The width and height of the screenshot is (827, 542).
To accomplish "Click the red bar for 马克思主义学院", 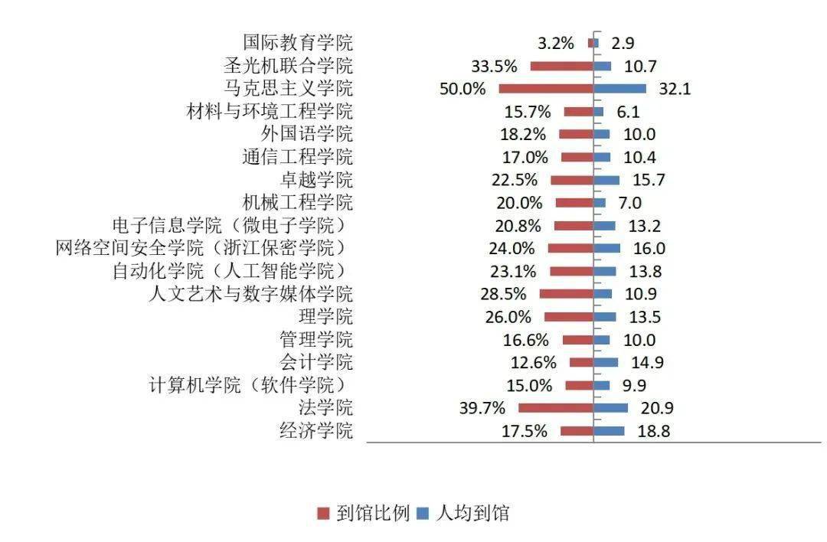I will coord(546,89).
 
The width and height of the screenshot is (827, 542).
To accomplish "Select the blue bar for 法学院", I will coord(611,408).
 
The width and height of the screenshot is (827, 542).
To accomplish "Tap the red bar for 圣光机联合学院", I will coord(562,66).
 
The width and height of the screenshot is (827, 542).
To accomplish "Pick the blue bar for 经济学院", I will coord(609,431).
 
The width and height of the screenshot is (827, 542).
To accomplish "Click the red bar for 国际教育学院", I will coord(590,43).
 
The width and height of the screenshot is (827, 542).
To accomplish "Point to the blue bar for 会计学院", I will coord(606,363).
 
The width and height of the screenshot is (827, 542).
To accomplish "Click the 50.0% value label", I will coord(463,89).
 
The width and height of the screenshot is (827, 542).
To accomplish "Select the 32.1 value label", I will coord(675,89).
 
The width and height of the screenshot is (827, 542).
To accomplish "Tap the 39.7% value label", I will coord(481,408).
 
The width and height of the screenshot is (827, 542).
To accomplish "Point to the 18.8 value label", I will coord(653,431).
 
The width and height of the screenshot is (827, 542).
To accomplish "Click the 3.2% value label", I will coord(555,43).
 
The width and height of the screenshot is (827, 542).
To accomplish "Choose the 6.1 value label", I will coord(628,112).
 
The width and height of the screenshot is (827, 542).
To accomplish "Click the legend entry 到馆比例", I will coord(373,513).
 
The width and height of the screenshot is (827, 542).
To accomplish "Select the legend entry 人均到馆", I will coord(472,513).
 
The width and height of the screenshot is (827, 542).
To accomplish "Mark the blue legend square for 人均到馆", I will coord(423,514).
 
